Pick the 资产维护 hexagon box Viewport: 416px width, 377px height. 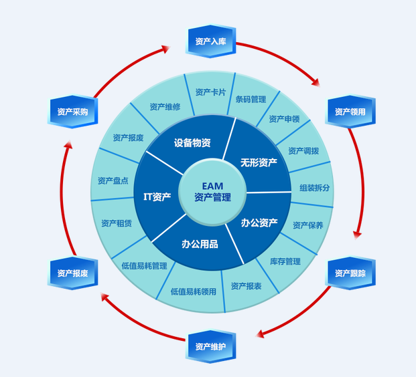pyautogui.click(x=210, y=346)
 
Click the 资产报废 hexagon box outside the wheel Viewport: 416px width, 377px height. pyautogui.click(x=73, y=273)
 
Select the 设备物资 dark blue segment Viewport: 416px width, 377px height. pyautogui.click(x=192, y=143)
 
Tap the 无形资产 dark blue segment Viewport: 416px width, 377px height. pyautogui.click(x=259, y=162)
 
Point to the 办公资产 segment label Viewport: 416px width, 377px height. pyautogui.click(x=260, y=223)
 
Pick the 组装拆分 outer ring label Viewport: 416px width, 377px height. pyautogui.click(x=314, y=187)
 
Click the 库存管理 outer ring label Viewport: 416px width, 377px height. pyautogui.click(x=285, y=261)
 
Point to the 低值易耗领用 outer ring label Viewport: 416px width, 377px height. pyautogui.click(x=193, y=291)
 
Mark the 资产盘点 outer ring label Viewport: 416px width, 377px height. pyautogui.click(x=113, y=180)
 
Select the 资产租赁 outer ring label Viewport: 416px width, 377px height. pyautogui.click(x=116, y=223)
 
